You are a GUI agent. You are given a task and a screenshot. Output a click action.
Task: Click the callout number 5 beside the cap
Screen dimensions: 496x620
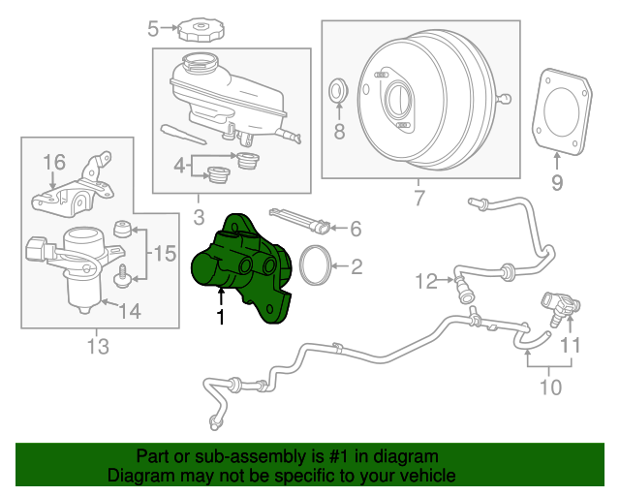[x=153, y=29]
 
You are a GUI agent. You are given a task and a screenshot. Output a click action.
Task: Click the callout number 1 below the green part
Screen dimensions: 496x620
[x=221, y=316]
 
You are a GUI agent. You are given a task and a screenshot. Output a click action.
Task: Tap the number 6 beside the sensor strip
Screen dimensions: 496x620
[x=356, y=230]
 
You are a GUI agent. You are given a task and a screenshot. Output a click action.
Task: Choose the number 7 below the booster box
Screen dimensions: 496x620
[x=418, y=199]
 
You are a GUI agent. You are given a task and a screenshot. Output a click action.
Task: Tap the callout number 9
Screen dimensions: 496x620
[x=557, y=181]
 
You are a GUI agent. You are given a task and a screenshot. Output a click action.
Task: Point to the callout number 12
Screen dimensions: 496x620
[x=427, y=282]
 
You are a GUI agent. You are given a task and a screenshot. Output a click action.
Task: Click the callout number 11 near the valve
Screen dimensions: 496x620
[x=572, y=344]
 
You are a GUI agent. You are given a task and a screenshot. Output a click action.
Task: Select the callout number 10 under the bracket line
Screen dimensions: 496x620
[x=549, y=388]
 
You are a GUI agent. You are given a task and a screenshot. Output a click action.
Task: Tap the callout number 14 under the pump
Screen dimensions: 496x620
[x=129, y=312]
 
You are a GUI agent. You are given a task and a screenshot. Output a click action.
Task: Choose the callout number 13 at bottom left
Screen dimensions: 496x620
[x=97, y=346]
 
